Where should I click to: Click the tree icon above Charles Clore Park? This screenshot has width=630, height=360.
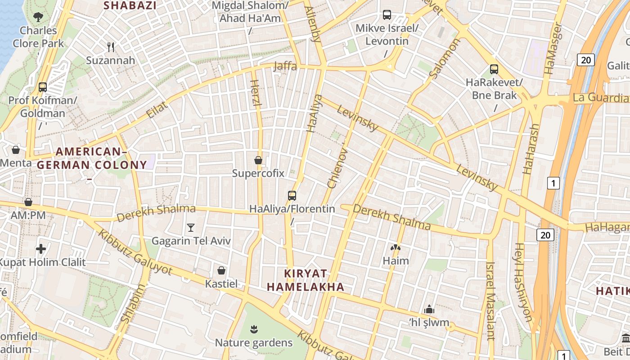tap(38, 17)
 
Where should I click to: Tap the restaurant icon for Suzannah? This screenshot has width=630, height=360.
tap(111, 47)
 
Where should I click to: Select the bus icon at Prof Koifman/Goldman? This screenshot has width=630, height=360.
tap(43, 87)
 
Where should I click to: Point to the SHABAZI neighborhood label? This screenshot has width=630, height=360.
tap(130, 5)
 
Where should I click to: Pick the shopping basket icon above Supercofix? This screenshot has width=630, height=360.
tap(258, 160)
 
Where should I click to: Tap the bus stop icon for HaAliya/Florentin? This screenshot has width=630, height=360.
tap(292, 195)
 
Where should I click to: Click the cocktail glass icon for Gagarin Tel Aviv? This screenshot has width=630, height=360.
tap(191, 227)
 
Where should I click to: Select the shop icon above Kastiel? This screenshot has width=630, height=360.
tap(221, 270)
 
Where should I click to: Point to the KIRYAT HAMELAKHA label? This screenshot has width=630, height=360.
tap(306, 280)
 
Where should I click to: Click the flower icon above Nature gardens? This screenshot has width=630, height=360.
tap(254, 329)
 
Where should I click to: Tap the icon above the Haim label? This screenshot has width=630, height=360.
tap(395, 247)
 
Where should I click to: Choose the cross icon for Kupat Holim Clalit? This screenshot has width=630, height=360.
tap(41, 249)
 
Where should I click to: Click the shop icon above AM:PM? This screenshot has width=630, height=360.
tap(28, 202)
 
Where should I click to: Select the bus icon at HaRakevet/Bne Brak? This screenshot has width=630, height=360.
tap(494, 69)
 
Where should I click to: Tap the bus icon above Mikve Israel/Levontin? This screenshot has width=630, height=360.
tap(387, 15)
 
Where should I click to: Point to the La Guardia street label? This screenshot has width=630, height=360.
tap(600, 98)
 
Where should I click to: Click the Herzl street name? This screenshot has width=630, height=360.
tap(255, 93)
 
